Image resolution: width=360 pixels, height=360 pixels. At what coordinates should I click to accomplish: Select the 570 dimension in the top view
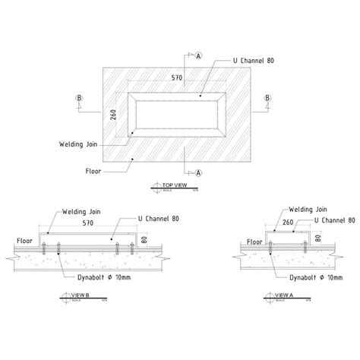pyautogui.click(x=176, y=77)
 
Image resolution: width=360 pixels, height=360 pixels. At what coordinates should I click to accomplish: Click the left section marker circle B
pyautogui.click(x=79, y=98)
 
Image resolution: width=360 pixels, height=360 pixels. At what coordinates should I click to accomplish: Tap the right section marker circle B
pyautogui.click(x=267, y=98)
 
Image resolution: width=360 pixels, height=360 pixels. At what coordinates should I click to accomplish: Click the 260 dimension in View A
pyautogui.click(x=287, y=224)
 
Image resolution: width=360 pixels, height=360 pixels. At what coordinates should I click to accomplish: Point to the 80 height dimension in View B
pyautogui.click(x=142, y=240)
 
